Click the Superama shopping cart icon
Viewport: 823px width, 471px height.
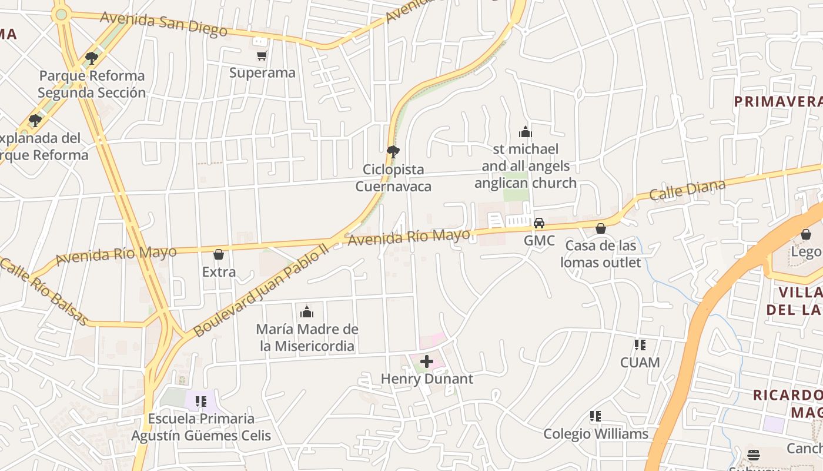(262, 56)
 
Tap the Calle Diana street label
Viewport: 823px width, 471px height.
(687, 190)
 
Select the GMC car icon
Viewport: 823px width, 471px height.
(538, 223)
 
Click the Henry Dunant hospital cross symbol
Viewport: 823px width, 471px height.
(427, 361)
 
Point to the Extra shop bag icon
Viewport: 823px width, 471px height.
(219, 254)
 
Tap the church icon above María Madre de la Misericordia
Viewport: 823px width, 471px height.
(306, 311)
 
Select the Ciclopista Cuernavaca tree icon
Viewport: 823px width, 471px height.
(393, 152)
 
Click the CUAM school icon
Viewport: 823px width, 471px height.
(640, 345)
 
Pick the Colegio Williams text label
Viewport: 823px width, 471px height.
(595, 434)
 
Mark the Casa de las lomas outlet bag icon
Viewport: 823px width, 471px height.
(600, 228)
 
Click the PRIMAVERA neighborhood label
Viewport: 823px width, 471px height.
(778, 101)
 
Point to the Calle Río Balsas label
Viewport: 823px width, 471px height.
(44, 291)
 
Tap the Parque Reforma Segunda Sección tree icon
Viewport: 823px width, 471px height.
(91, 58)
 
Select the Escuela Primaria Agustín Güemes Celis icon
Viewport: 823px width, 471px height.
(201, 402)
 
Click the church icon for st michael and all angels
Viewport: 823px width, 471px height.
(525, 132)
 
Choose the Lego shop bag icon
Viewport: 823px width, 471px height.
(805, 234)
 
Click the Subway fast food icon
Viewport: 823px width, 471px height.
(754, 455)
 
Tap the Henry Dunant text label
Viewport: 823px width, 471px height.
(427, 379)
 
